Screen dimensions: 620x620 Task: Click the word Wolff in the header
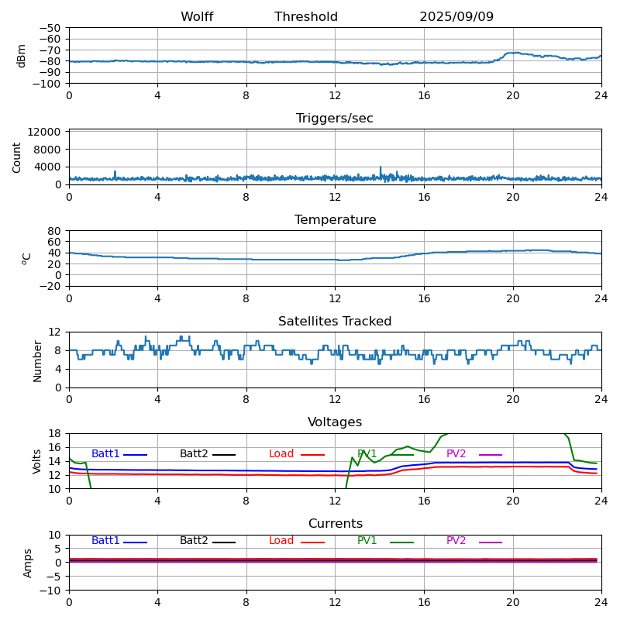(197, 17)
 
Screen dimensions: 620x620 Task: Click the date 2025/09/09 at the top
(456, 17)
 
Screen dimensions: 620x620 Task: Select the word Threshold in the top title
(306, 17)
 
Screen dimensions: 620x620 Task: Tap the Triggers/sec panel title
(335, 119)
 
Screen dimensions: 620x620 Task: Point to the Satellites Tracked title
(335, 322)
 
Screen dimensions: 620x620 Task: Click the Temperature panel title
(335, 220)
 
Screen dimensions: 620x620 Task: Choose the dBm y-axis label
(22, 56)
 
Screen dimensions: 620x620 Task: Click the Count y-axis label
(17, 157)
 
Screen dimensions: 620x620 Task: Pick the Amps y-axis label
(28, 563)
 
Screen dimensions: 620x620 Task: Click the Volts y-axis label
(37, 461)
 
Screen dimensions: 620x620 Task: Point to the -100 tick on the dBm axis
(49, 84)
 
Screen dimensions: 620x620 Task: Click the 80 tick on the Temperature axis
(55, 231)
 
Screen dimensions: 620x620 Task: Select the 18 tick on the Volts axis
(55, 434)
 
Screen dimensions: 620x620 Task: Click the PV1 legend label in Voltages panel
(367, 454)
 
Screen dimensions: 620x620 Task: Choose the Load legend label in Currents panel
(281, 541)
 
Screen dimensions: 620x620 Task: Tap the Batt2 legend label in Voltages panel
(194, 454)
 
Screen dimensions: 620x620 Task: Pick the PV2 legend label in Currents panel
(456, 541)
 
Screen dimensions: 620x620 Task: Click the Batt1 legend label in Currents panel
(105, 541)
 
